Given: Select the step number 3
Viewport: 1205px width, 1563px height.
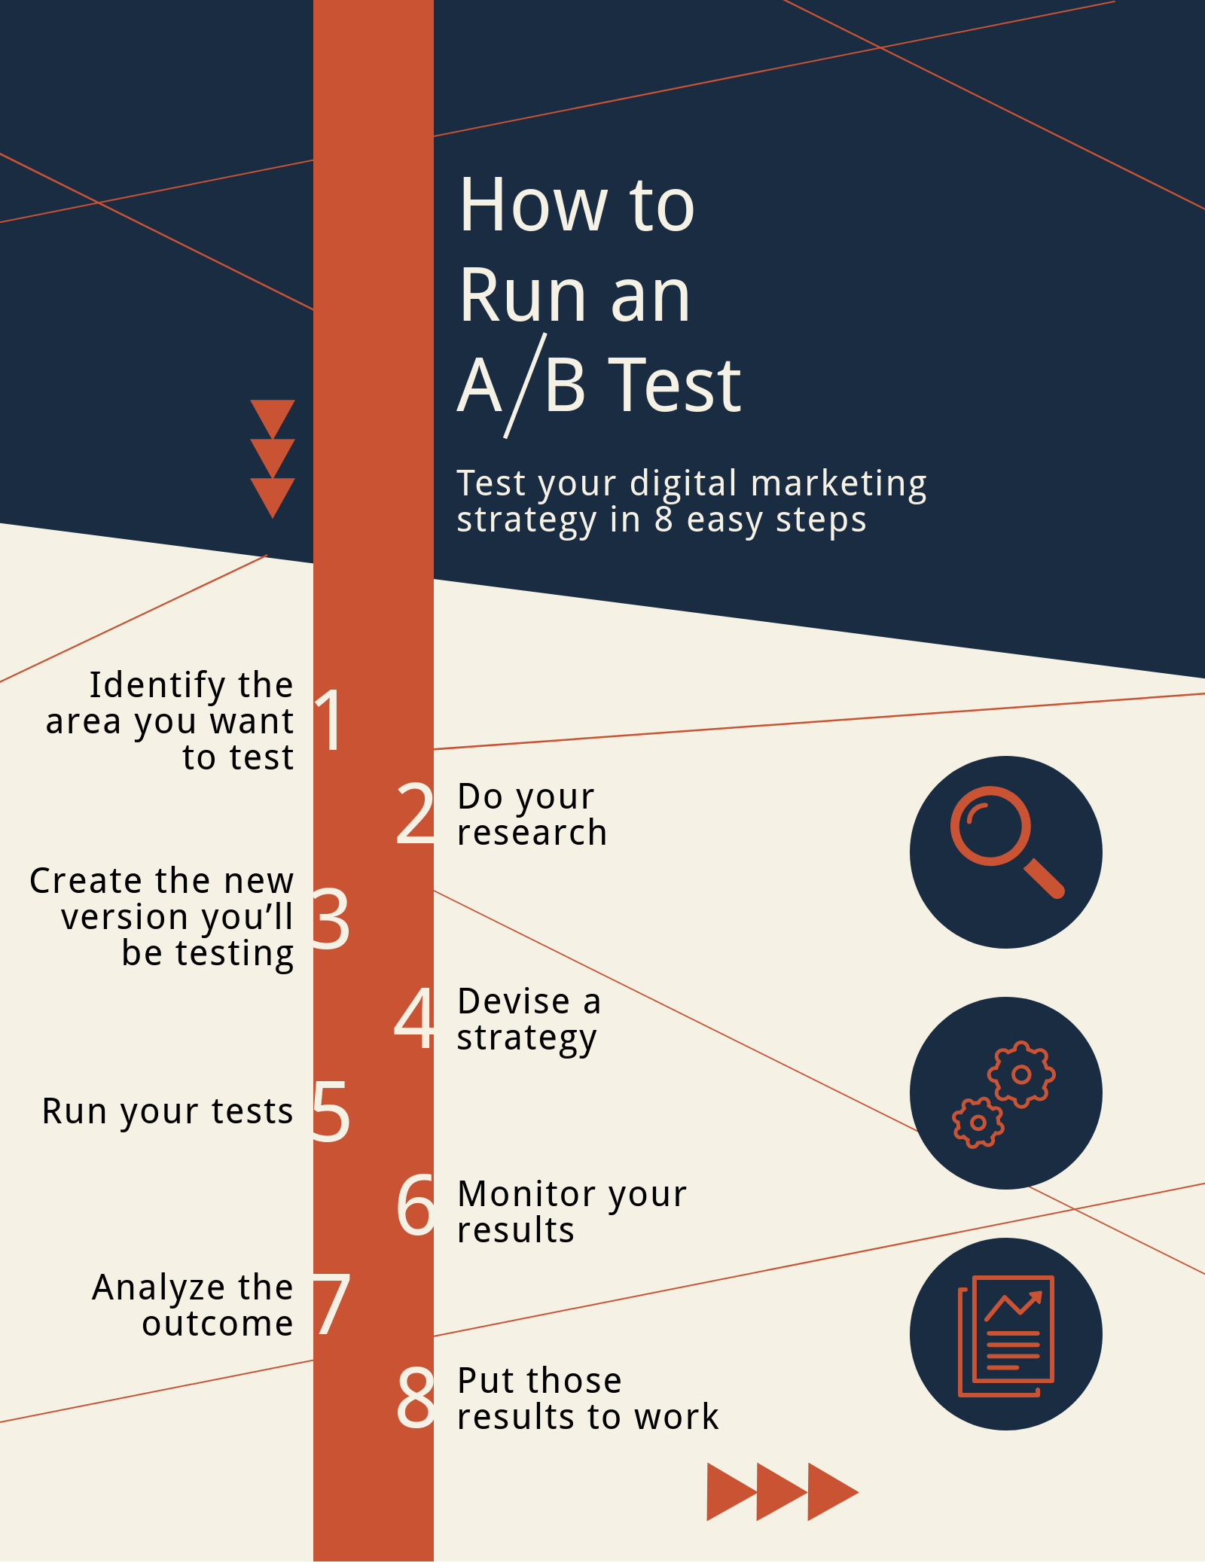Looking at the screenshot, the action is (331, 918).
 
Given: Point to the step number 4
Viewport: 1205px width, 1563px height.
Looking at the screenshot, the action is (414, 1018).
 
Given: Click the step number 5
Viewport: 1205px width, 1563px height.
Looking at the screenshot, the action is (331, 1111).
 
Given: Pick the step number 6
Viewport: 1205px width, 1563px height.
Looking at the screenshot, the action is (416, 1205).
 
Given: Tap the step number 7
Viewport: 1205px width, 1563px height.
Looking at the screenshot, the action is (332, 1305).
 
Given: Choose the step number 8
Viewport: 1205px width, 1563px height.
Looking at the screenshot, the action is (416, 1397).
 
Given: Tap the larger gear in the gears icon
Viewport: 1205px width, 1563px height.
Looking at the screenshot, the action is (1021, 1074).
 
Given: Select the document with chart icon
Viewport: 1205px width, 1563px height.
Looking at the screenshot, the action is (1006, 1336).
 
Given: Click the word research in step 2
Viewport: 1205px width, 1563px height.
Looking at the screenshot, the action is (532, 833).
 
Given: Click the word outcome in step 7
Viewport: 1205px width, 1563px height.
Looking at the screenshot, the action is (218, 1324).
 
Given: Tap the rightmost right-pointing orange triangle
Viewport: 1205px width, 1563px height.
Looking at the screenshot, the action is (833, 1492).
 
